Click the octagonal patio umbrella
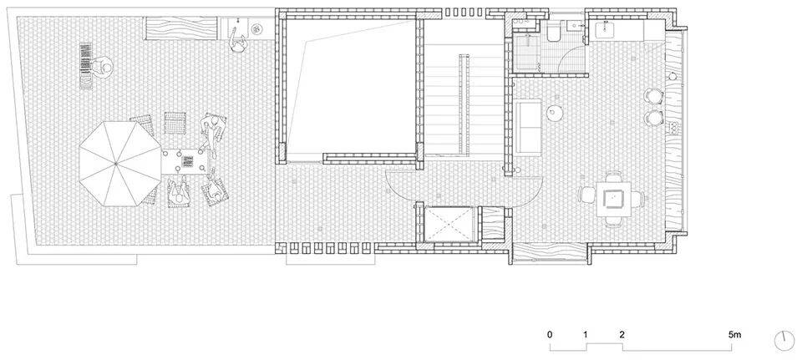(x=120, y=163)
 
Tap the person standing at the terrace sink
(x=236, y=41)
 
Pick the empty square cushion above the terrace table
(x=172, y=122)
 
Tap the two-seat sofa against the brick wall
(x=528, y=127)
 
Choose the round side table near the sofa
(x=555, y=113)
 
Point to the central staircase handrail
(x=464, y=105)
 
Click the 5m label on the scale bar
(x=734, y=336)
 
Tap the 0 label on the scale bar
(x=550, y=336)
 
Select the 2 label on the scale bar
(x=622, y=336)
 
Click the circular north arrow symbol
(x=784, y=341)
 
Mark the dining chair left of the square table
(x=586, y=195)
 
